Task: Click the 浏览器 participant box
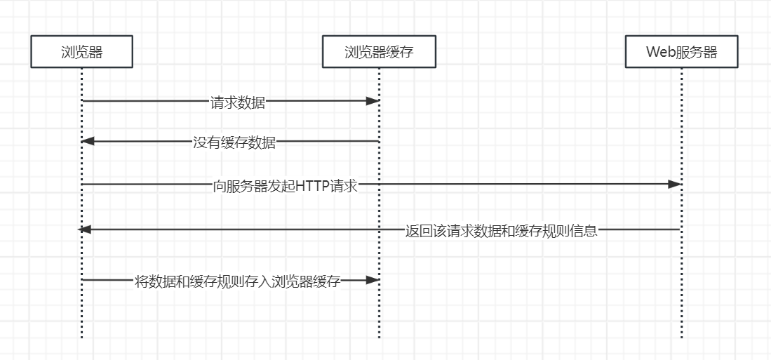(81, 52)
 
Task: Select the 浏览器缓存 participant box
(379, 52)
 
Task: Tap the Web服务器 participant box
(681, 52)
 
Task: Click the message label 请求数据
(238, 102)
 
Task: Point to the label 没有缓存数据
(234, 143)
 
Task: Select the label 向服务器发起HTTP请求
(286, 186)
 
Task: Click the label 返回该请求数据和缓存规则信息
(501, 231)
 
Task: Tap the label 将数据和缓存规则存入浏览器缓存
(237, 282)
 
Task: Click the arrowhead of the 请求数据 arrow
(373, 101)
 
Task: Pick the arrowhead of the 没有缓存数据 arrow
(88, 142)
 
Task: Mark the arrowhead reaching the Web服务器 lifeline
(674, 184)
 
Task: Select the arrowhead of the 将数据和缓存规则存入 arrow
(373, 280)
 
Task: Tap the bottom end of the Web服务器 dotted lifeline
(681, 338)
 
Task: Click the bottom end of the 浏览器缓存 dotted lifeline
(379, 338)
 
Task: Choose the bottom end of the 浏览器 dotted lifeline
(81, 338)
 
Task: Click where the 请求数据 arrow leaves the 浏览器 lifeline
(83, 101)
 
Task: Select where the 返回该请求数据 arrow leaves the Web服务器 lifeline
(680, 229)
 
